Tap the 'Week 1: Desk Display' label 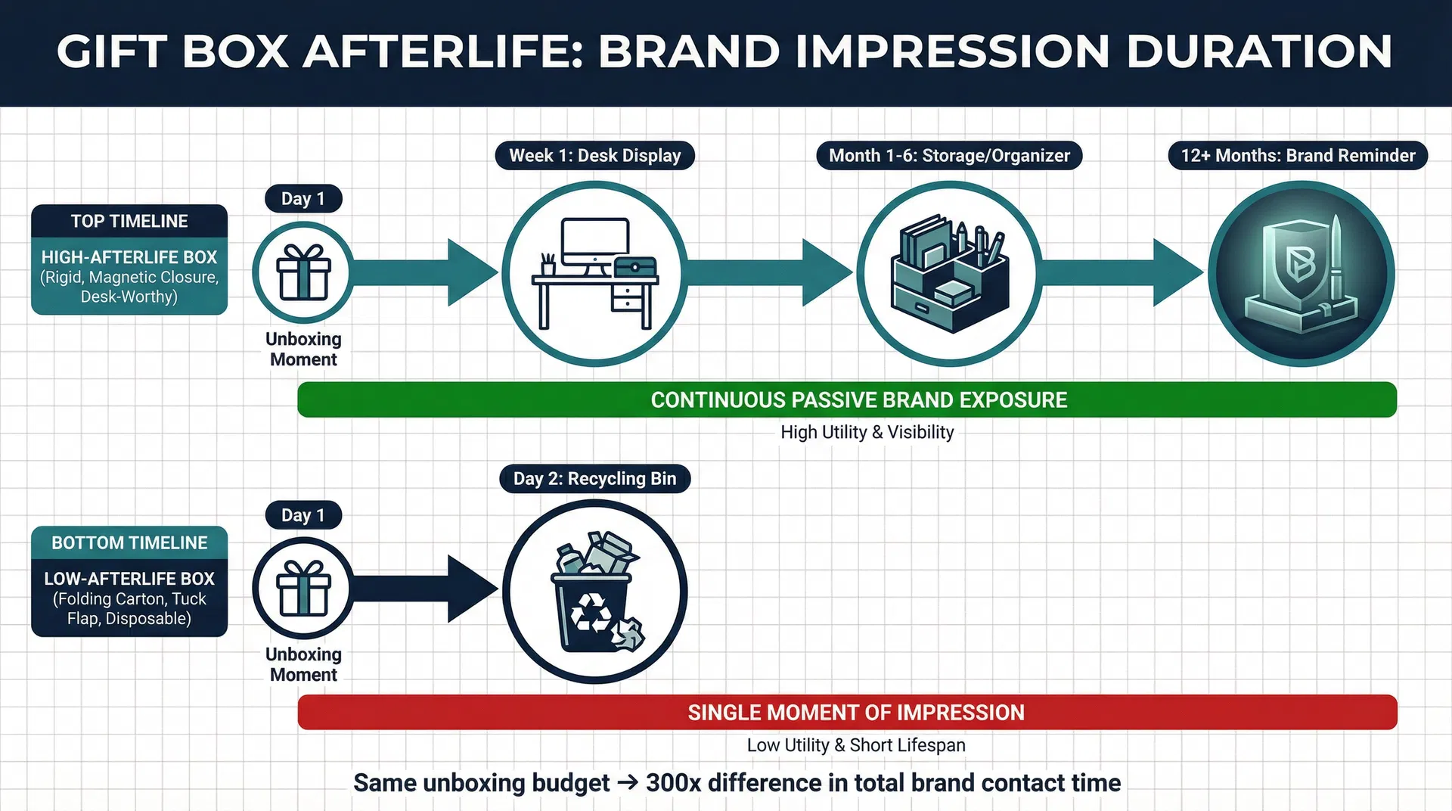pos(594,156)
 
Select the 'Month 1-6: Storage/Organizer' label pos(949,156)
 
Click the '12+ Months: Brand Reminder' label pos(1298,156)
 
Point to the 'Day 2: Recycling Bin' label pos(594,479)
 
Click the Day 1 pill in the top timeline pos(303,199)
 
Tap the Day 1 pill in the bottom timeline pos(303,515)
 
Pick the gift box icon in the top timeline pos(303,272)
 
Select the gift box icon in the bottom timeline pos(303,589)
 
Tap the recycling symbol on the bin pos(591,611)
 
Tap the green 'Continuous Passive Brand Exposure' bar pos(847,399)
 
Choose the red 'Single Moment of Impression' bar pos(847,713)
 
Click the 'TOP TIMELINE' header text pos(129,222)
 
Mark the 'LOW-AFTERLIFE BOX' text pos(129,579)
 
